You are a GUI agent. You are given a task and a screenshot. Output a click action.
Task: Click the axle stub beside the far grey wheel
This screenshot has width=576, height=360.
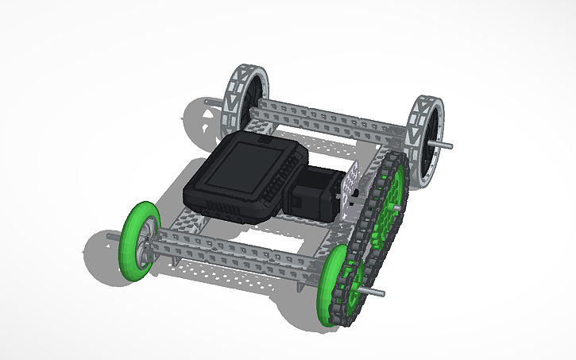pos(211,103)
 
